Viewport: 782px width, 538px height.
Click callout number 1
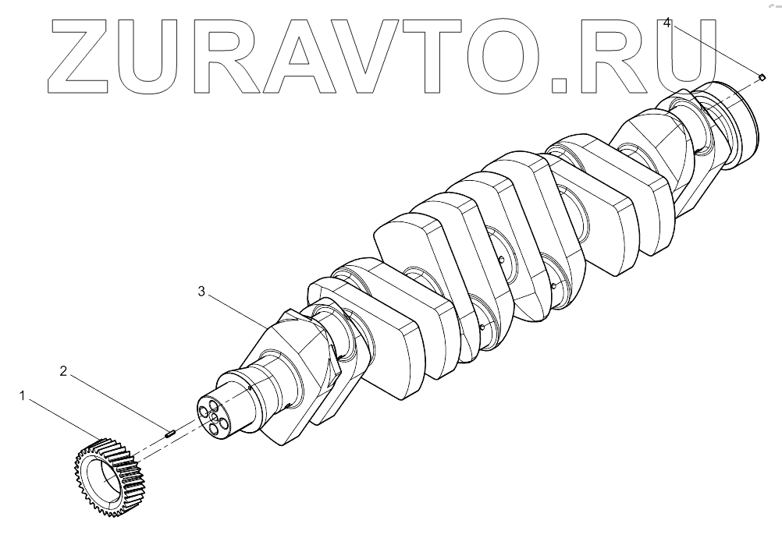coord(24,397)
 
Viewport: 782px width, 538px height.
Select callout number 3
coord(201,292)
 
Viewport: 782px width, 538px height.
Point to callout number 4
coord(666,23)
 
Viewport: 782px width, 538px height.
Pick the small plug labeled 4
coord(761,76)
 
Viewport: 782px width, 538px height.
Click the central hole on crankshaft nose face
coord(214,417)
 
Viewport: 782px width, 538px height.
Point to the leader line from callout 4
coord(714,49)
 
